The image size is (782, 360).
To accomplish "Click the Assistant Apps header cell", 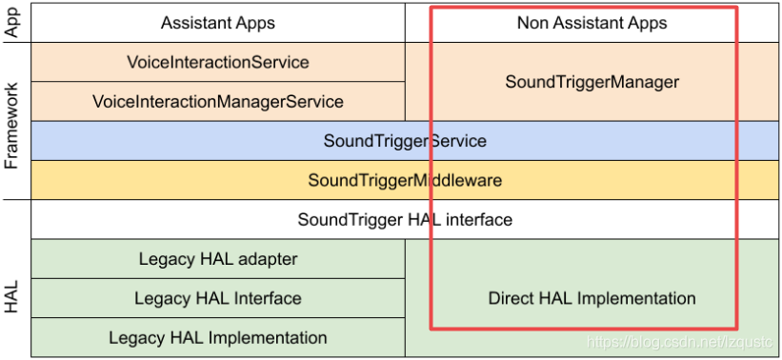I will click(218, 23).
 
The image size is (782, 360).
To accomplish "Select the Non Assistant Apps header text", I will click(592, 23).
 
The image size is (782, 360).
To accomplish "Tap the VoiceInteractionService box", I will click(218, 62).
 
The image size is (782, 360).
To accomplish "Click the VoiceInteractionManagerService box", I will click(218, 101).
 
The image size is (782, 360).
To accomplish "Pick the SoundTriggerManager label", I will click(592, 82).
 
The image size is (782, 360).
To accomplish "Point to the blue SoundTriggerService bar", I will click(405, 141).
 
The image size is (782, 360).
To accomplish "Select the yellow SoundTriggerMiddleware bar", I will click(405, 180).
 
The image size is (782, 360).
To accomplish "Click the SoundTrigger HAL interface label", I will click(405, 220).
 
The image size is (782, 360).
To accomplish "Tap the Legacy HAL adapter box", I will click(218, 259).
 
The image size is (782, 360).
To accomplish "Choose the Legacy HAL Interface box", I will click(218, 298).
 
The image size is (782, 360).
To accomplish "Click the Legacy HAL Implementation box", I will click(218, 337).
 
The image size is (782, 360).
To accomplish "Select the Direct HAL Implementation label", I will click(592, 298).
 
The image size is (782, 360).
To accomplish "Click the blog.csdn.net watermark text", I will click(680, 341).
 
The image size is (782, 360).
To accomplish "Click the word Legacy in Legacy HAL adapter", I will click(165, 259).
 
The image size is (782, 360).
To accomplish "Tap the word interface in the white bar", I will click(479, 220).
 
